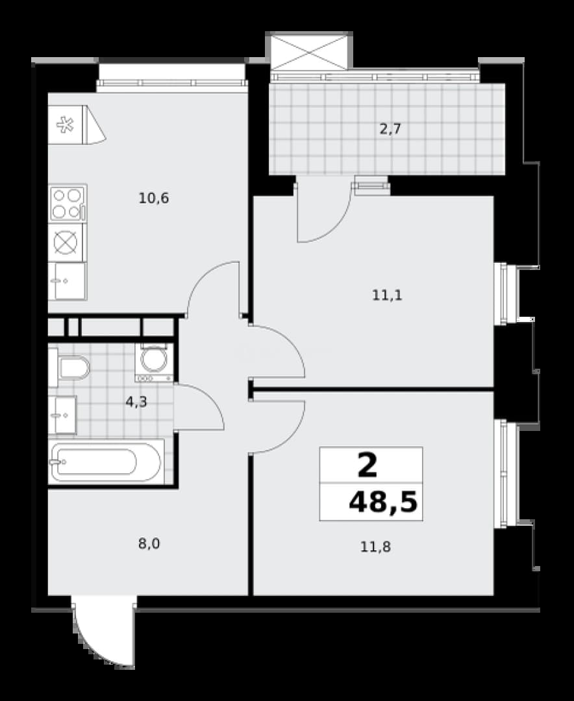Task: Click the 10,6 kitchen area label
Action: pos(154,197)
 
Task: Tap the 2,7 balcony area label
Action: pos(390,129)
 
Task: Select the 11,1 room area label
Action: pos(388,295)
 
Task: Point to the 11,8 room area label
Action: pos(376,547)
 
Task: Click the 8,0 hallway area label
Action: pos(149,544)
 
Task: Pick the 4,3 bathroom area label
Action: pos(136,402)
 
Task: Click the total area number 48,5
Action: pos(383,502)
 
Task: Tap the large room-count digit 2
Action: pos(368,465)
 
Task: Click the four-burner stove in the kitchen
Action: pos(68,203)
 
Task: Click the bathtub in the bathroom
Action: pos(106,461)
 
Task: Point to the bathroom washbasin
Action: pos(62,415)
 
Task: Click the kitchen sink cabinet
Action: pos(67,281)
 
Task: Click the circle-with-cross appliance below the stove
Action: pos(66,242)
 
